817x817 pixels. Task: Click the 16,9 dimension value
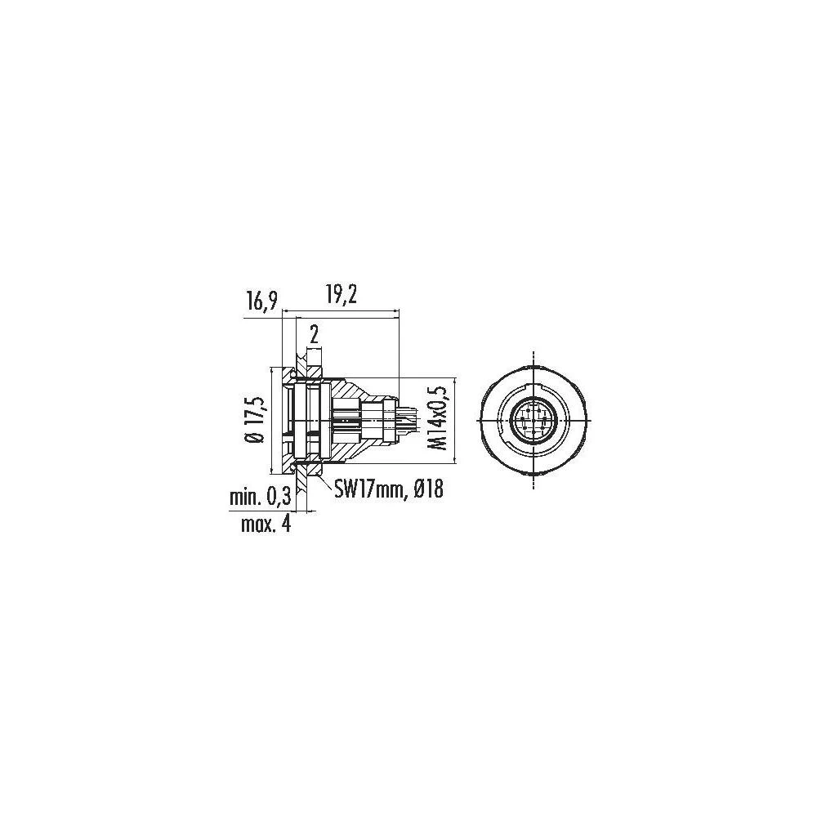[x=261, y=302]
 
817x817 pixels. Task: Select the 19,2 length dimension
[x=339, y=295]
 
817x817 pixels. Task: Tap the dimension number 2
[x=312, y=334]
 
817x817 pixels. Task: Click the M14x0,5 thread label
[x=440, y=419]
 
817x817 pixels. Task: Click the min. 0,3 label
[x=257, y=498]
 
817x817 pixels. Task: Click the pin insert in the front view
[x=532, y=421]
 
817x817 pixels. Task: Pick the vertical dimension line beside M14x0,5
[x=454, y=421]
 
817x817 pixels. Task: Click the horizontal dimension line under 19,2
[x=339, y=310]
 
